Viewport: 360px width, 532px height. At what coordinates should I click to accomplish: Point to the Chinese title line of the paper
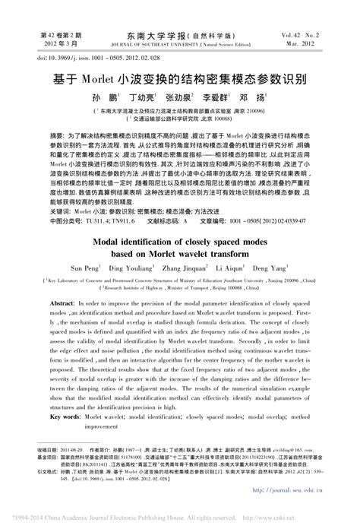179,78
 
